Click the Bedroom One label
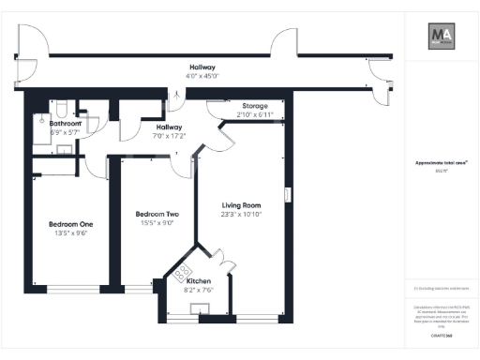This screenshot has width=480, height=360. coord(71,224)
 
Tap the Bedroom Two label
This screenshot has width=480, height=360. coord(157,214)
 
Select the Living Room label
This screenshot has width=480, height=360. coord(241,205)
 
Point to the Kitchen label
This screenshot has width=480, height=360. coord(198,281)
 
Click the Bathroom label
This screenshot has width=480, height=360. coord(66,124)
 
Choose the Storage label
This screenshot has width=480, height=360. coord(256,106)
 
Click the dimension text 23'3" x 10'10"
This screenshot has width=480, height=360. coord(241,215)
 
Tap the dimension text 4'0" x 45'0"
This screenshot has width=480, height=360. coord(202,77)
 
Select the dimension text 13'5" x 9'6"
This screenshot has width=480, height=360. coord(71,233)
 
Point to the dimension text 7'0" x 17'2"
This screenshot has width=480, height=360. coord(169,136)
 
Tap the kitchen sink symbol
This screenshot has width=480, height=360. coord(200,310)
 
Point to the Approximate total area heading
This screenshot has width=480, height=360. coord(441,163)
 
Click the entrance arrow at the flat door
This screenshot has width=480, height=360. coord(178,94)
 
